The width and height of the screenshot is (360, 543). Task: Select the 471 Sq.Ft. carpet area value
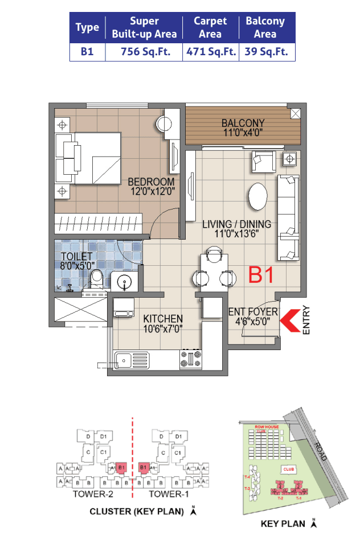tap(211, 52)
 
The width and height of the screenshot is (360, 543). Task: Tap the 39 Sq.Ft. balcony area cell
tap(265, 52)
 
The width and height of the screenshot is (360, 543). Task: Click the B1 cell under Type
tap(87, 52)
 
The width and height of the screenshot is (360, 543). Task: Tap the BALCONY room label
tap(243, 123)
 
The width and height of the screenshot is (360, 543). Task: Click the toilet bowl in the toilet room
tap(97, 279)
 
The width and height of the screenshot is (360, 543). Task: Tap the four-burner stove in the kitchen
tap(191, 359)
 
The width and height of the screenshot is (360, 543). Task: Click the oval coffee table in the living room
tap(257, 197)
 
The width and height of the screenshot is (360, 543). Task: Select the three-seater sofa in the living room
tap(288, 216)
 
